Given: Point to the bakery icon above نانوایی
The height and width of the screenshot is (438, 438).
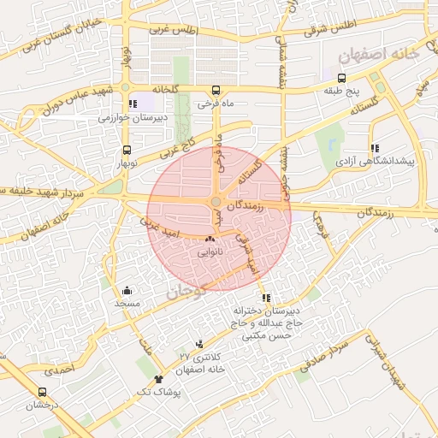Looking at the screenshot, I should tap(210, 238).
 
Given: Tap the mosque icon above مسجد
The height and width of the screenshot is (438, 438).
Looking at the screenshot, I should tap(127, 289).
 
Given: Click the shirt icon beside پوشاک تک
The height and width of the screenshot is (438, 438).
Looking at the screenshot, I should tap(158, 378).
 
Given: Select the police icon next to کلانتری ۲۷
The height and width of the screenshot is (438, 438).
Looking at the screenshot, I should tap(200, 342).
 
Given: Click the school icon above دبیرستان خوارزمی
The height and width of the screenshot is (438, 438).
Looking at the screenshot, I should tap(132, 104).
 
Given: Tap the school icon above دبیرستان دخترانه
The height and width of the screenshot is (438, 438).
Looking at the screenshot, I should tap(267, 299).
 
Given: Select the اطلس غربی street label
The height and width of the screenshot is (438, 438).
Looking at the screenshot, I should tap(175, 30).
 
